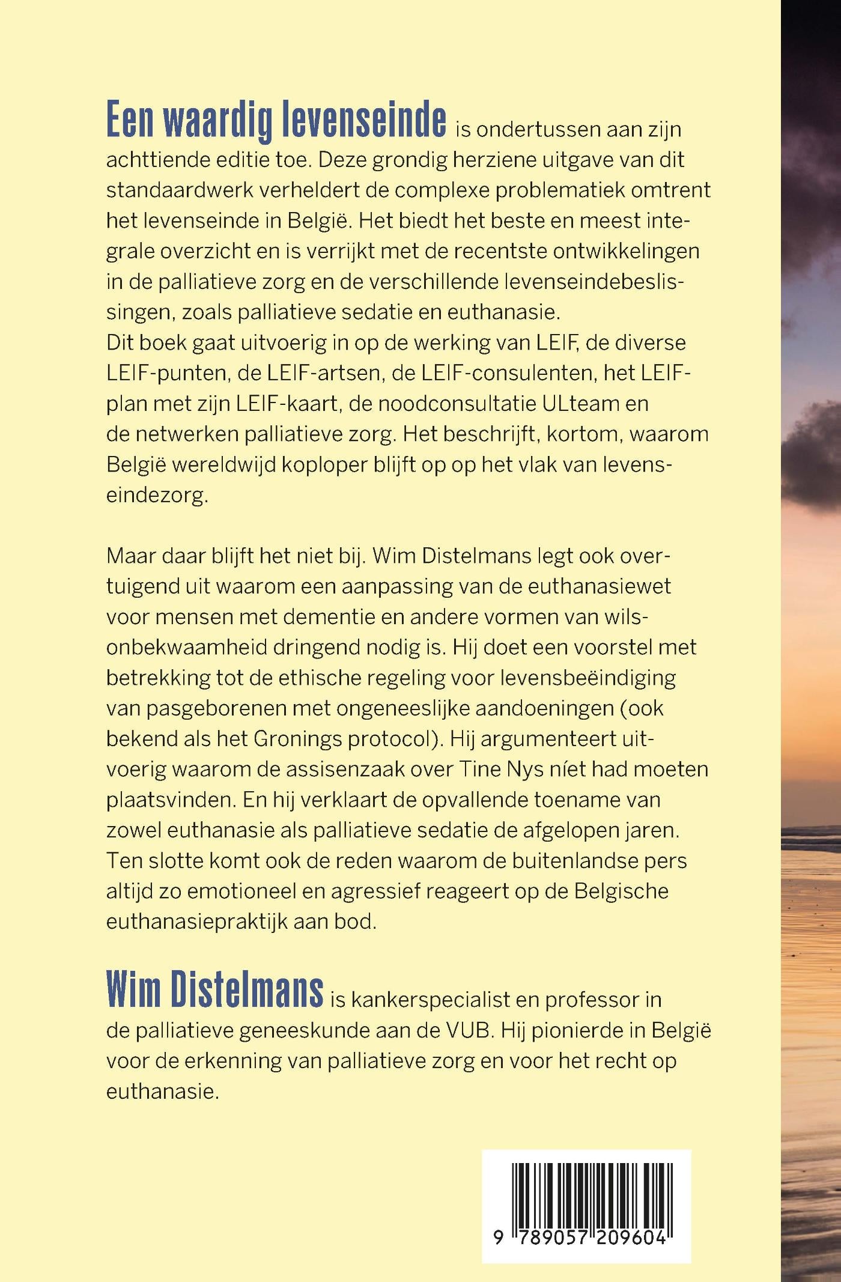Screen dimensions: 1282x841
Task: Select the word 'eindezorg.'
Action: point(157,496)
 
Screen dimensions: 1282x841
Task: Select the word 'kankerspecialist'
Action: point(429,1000)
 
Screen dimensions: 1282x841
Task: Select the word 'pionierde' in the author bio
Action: point(576,1031)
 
